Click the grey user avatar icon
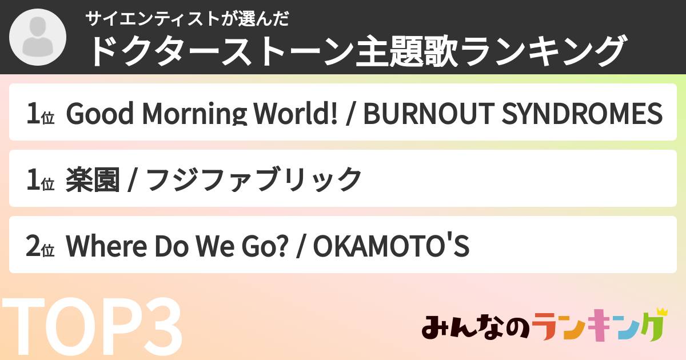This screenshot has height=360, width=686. (38, 37)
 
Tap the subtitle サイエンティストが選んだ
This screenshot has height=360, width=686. (188, 19)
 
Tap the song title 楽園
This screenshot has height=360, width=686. (93, 180)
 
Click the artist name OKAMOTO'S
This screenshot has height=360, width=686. (392, 247)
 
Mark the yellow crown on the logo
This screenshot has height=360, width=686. (661, 312)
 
